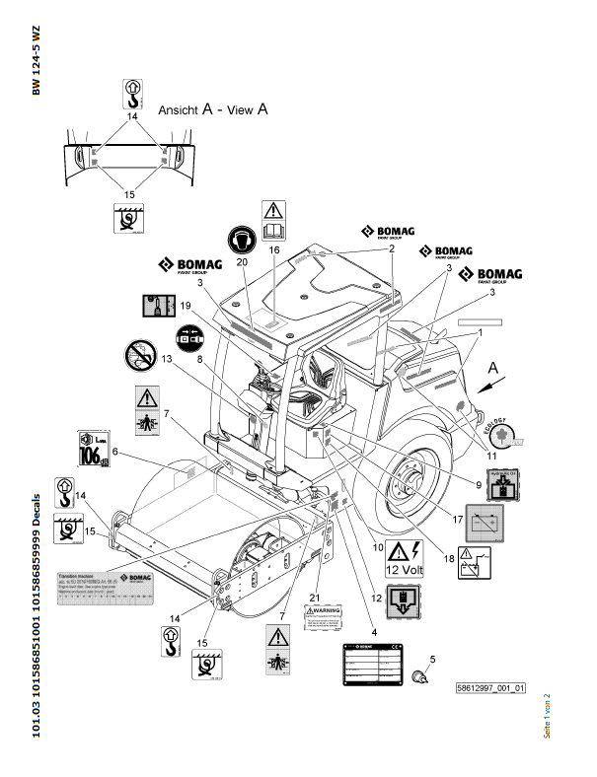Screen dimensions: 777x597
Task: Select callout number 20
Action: click(242, 262)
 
